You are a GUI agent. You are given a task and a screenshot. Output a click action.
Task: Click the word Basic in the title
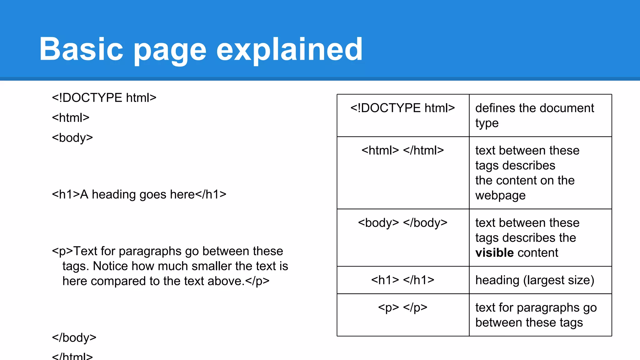pos(81,49)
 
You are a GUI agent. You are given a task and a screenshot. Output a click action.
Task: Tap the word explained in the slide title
pos(289,49)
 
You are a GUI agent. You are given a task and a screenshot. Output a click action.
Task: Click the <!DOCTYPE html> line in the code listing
pos(104,98)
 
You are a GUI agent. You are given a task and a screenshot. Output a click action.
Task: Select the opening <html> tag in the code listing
pos(71,118)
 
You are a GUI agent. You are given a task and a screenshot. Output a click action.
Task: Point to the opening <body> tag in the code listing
pos(72,138)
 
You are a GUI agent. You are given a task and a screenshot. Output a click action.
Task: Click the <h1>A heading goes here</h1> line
pos(139,194)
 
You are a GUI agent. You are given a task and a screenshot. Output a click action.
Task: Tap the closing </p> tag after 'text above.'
pos(257,281)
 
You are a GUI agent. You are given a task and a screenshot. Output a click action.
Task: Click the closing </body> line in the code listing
pos(74,338)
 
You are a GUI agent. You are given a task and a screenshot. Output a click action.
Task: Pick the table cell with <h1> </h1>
pos(402,280)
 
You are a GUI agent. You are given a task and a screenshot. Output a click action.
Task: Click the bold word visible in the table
pos(494,253)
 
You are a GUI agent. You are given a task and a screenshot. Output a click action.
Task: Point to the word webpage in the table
pos(500,196)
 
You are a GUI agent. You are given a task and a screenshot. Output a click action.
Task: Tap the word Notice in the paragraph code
pos(110,266)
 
